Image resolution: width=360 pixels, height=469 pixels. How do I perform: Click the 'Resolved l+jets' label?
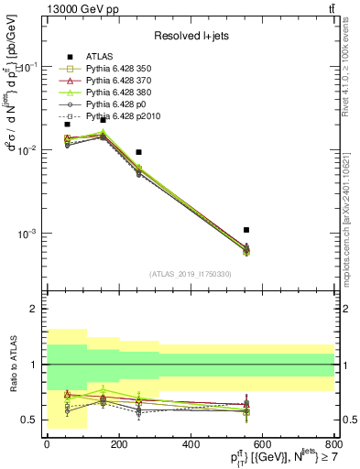pyautogui.click(x=190, y=36)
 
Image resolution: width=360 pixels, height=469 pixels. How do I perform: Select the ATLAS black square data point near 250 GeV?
pyautogui.click(x=138, y=152)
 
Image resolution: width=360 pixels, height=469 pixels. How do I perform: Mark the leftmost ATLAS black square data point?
pyautogui.click(x=67, y=124)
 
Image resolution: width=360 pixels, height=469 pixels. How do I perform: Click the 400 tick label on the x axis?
pyautogui.click(x=191, y=444)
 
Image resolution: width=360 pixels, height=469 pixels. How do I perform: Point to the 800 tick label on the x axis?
pyautogui.click(x=334, y=444)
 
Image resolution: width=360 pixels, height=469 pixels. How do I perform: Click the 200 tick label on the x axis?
pyautogui.click(x=119, y=444)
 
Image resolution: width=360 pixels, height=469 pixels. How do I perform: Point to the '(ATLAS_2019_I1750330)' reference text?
pyautogui.click(x=190, y=274)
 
